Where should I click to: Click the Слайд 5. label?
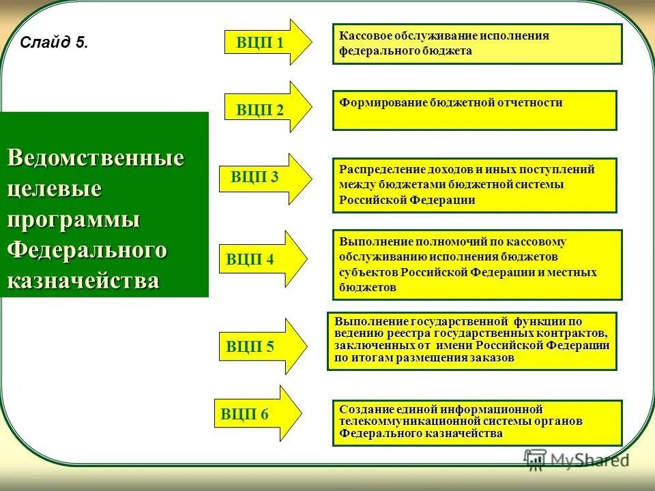pyautogui.click(x=54, y=43)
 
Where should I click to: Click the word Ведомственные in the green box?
pyautogui.click(x=96, y=158)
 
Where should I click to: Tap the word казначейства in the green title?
pyautogui.click(x=83, y=280)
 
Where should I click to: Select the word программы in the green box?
pyautogui.click(x=74, y=219)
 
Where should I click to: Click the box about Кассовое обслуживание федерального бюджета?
pyautogui.click(x=477, y=44)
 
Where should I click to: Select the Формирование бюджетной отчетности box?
pyautogui.click(x=474, y=110)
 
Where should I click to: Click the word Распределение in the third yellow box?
pyautogui.click(x=377, y=169)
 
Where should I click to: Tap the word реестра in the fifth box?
pyautogui.click(x=405, y=332)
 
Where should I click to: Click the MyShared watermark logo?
pyautogui.click(x=576, y=460)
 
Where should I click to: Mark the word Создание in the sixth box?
pyautogui.click(x=360, y=409)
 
